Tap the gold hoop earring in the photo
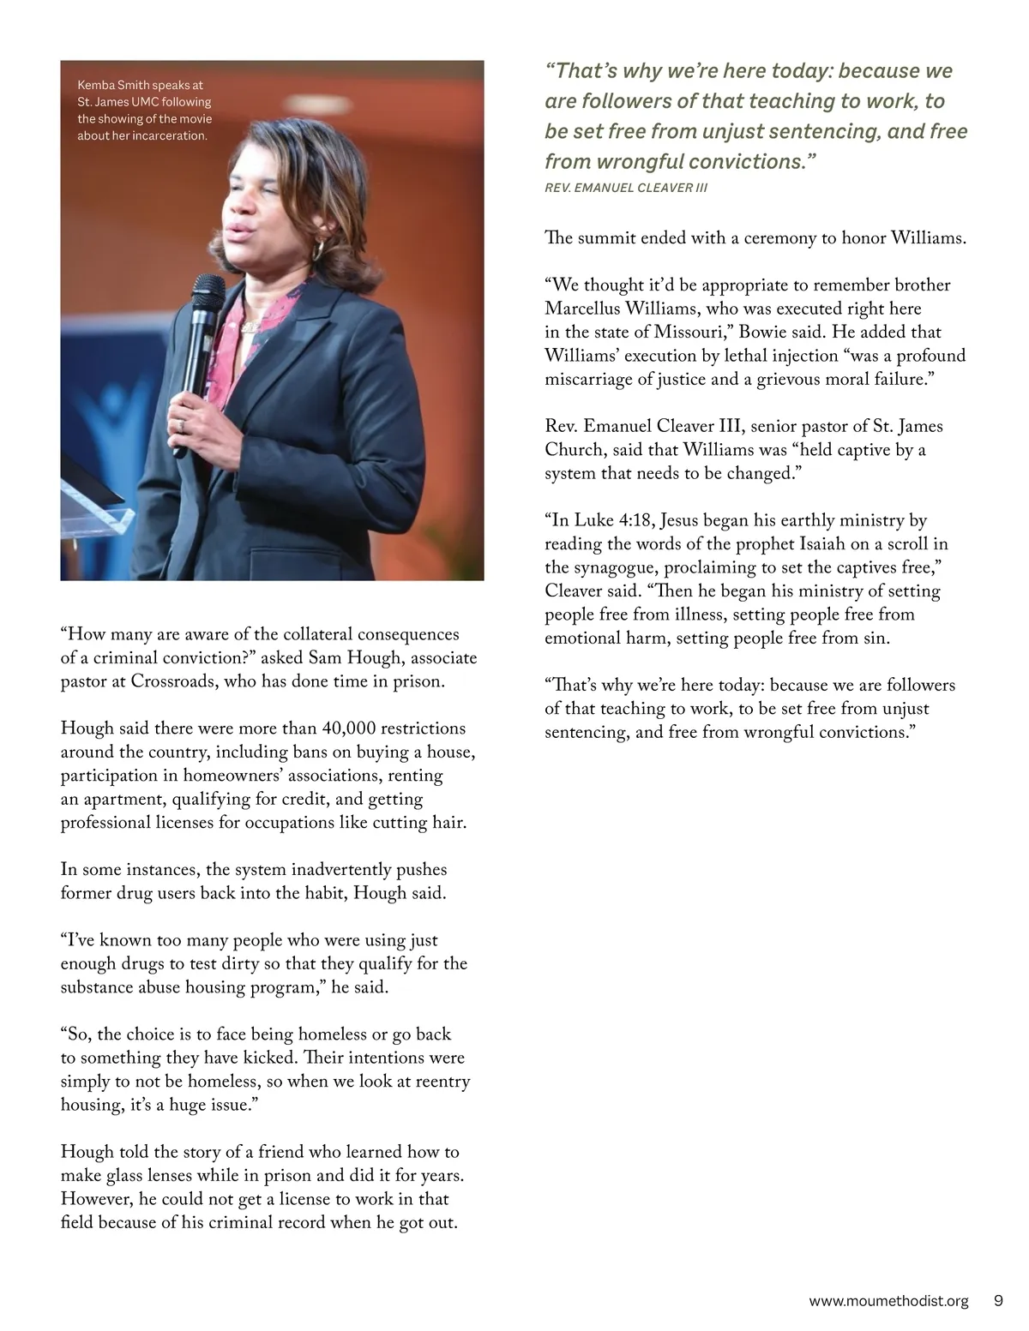click(318, 249)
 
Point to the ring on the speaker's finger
click(180, 424)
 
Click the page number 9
click(998, 1301)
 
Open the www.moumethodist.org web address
click(888, 1301)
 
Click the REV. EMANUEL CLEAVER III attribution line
click(626, 188)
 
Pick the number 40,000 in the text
click(348, 728)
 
